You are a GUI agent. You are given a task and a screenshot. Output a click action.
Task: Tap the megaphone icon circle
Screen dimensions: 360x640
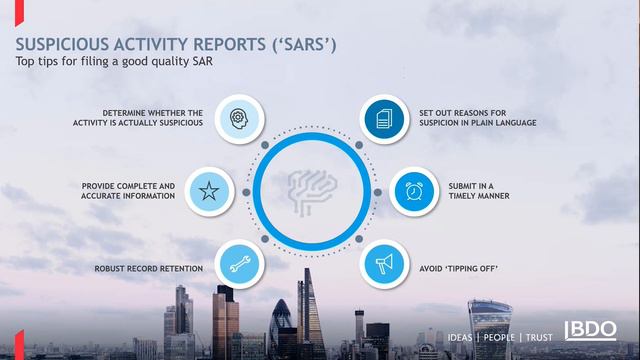tap(382, 264)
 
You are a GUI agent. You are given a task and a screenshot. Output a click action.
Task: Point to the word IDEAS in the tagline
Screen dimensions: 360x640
tap(459, 338)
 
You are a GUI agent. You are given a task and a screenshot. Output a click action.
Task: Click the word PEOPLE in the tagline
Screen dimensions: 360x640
tap(499, 338)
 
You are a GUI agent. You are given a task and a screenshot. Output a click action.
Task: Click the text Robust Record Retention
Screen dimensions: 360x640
tap(148, 269)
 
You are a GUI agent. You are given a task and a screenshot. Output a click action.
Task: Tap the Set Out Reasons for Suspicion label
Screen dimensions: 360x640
tap(479, 116)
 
